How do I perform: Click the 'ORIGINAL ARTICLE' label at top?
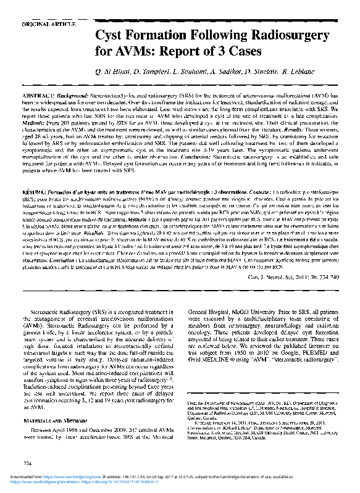click(x=49, y=24)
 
